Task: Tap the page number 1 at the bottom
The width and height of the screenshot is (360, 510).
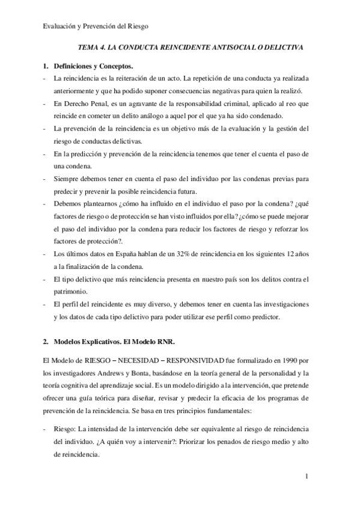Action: pyautogui.click(x=307, y=478)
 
